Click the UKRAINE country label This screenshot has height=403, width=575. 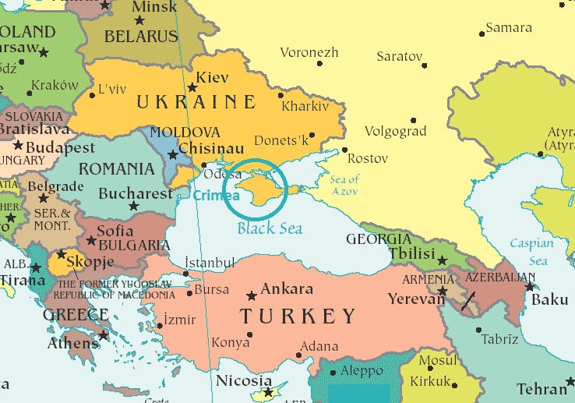tap(196, 102)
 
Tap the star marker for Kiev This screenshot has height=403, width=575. tap(192, 87)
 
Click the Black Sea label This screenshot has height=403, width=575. tap(270, 228)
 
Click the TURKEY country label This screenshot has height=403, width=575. tap(298, 316)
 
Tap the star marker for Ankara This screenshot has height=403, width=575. tap(251, 296)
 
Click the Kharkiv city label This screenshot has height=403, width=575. tap(305, 105)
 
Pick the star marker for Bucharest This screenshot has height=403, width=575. tap(133, 207)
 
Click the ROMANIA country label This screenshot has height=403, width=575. tap(117, 169)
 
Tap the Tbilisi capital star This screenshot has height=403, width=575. tap(443, 261)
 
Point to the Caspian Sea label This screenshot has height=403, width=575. tap(531, 250)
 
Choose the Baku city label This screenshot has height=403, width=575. tap(549, 299)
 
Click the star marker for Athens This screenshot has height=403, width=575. tap(103, 335)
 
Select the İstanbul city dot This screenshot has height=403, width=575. tap(185, 274)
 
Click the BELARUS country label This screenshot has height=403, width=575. tap(142, 36)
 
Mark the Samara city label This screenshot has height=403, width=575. tap(508, 28)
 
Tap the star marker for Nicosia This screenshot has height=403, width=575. tap(268, 392)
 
